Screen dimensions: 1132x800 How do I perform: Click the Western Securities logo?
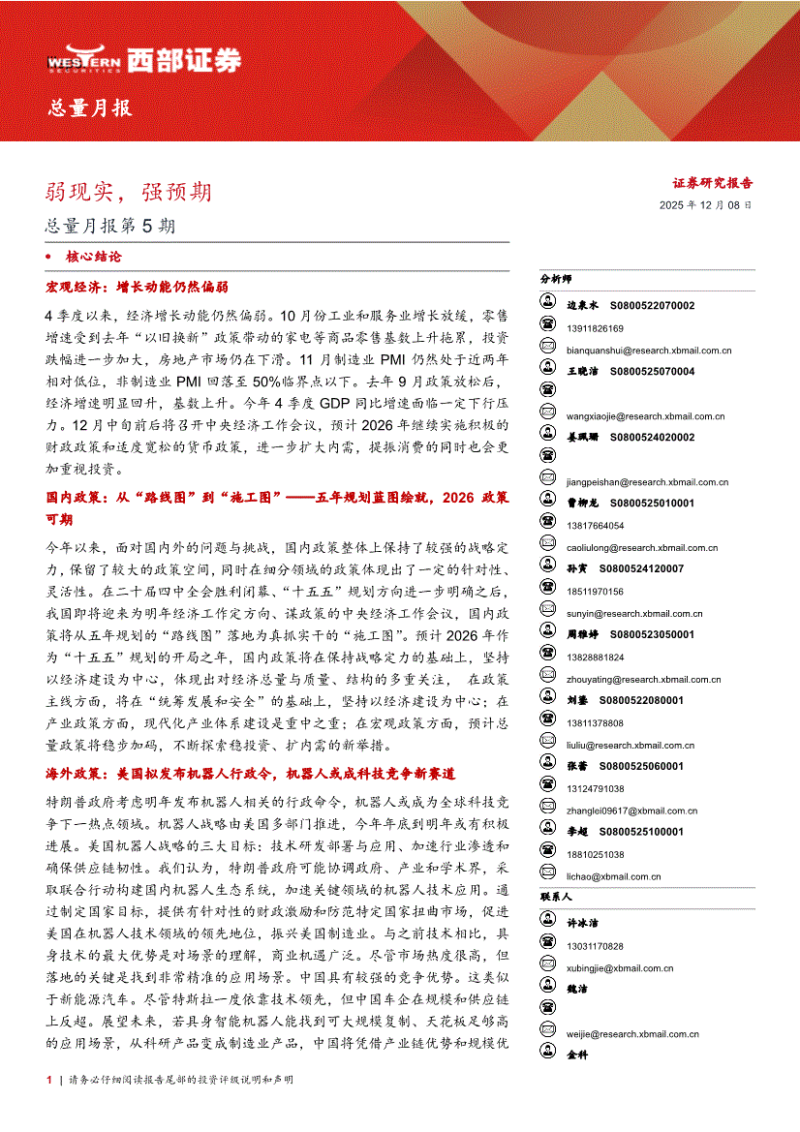(143, 60)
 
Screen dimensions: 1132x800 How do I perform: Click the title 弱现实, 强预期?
(128, 192)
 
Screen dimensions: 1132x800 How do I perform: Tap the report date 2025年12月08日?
(705, 205)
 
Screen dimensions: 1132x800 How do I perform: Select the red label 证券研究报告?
(713, 182)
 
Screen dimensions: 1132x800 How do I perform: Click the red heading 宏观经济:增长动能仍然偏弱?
(137, 288)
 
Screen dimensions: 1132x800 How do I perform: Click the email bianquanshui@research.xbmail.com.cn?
(649, 351)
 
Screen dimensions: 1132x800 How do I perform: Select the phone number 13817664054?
(596, 526)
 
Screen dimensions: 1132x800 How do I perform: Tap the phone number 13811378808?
(596, 723)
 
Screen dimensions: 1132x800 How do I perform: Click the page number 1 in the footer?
(49, 1107)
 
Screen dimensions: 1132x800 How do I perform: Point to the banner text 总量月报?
(91, 107)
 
